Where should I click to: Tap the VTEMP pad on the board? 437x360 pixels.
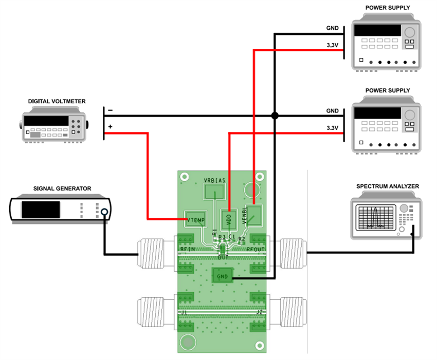point(196,219)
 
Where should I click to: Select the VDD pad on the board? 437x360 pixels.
point(229,218)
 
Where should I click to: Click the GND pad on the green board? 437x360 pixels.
point(222,276)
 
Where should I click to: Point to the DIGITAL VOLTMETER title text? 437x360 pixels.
point(57,101)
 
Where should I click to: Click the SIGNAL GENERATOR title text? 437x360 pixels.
point(62,188)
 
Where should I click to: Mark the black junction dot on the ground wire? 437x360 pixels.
point(275,116)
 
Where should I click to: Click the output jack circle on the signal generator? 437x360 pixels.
point(104,212)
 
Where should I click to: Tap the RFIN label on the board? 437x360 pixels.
point(187,250)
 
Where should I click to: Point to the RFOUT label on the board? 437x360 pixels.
point(256,250)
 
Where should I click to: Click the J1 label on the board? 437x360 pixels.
point(184,312)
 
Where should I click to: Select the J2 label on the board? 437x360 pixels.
point(259,312)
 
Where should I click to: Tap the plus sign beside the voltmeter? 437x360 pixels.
point(110,126)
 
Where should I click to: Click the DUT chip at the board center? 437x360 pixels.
point(223,250)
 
